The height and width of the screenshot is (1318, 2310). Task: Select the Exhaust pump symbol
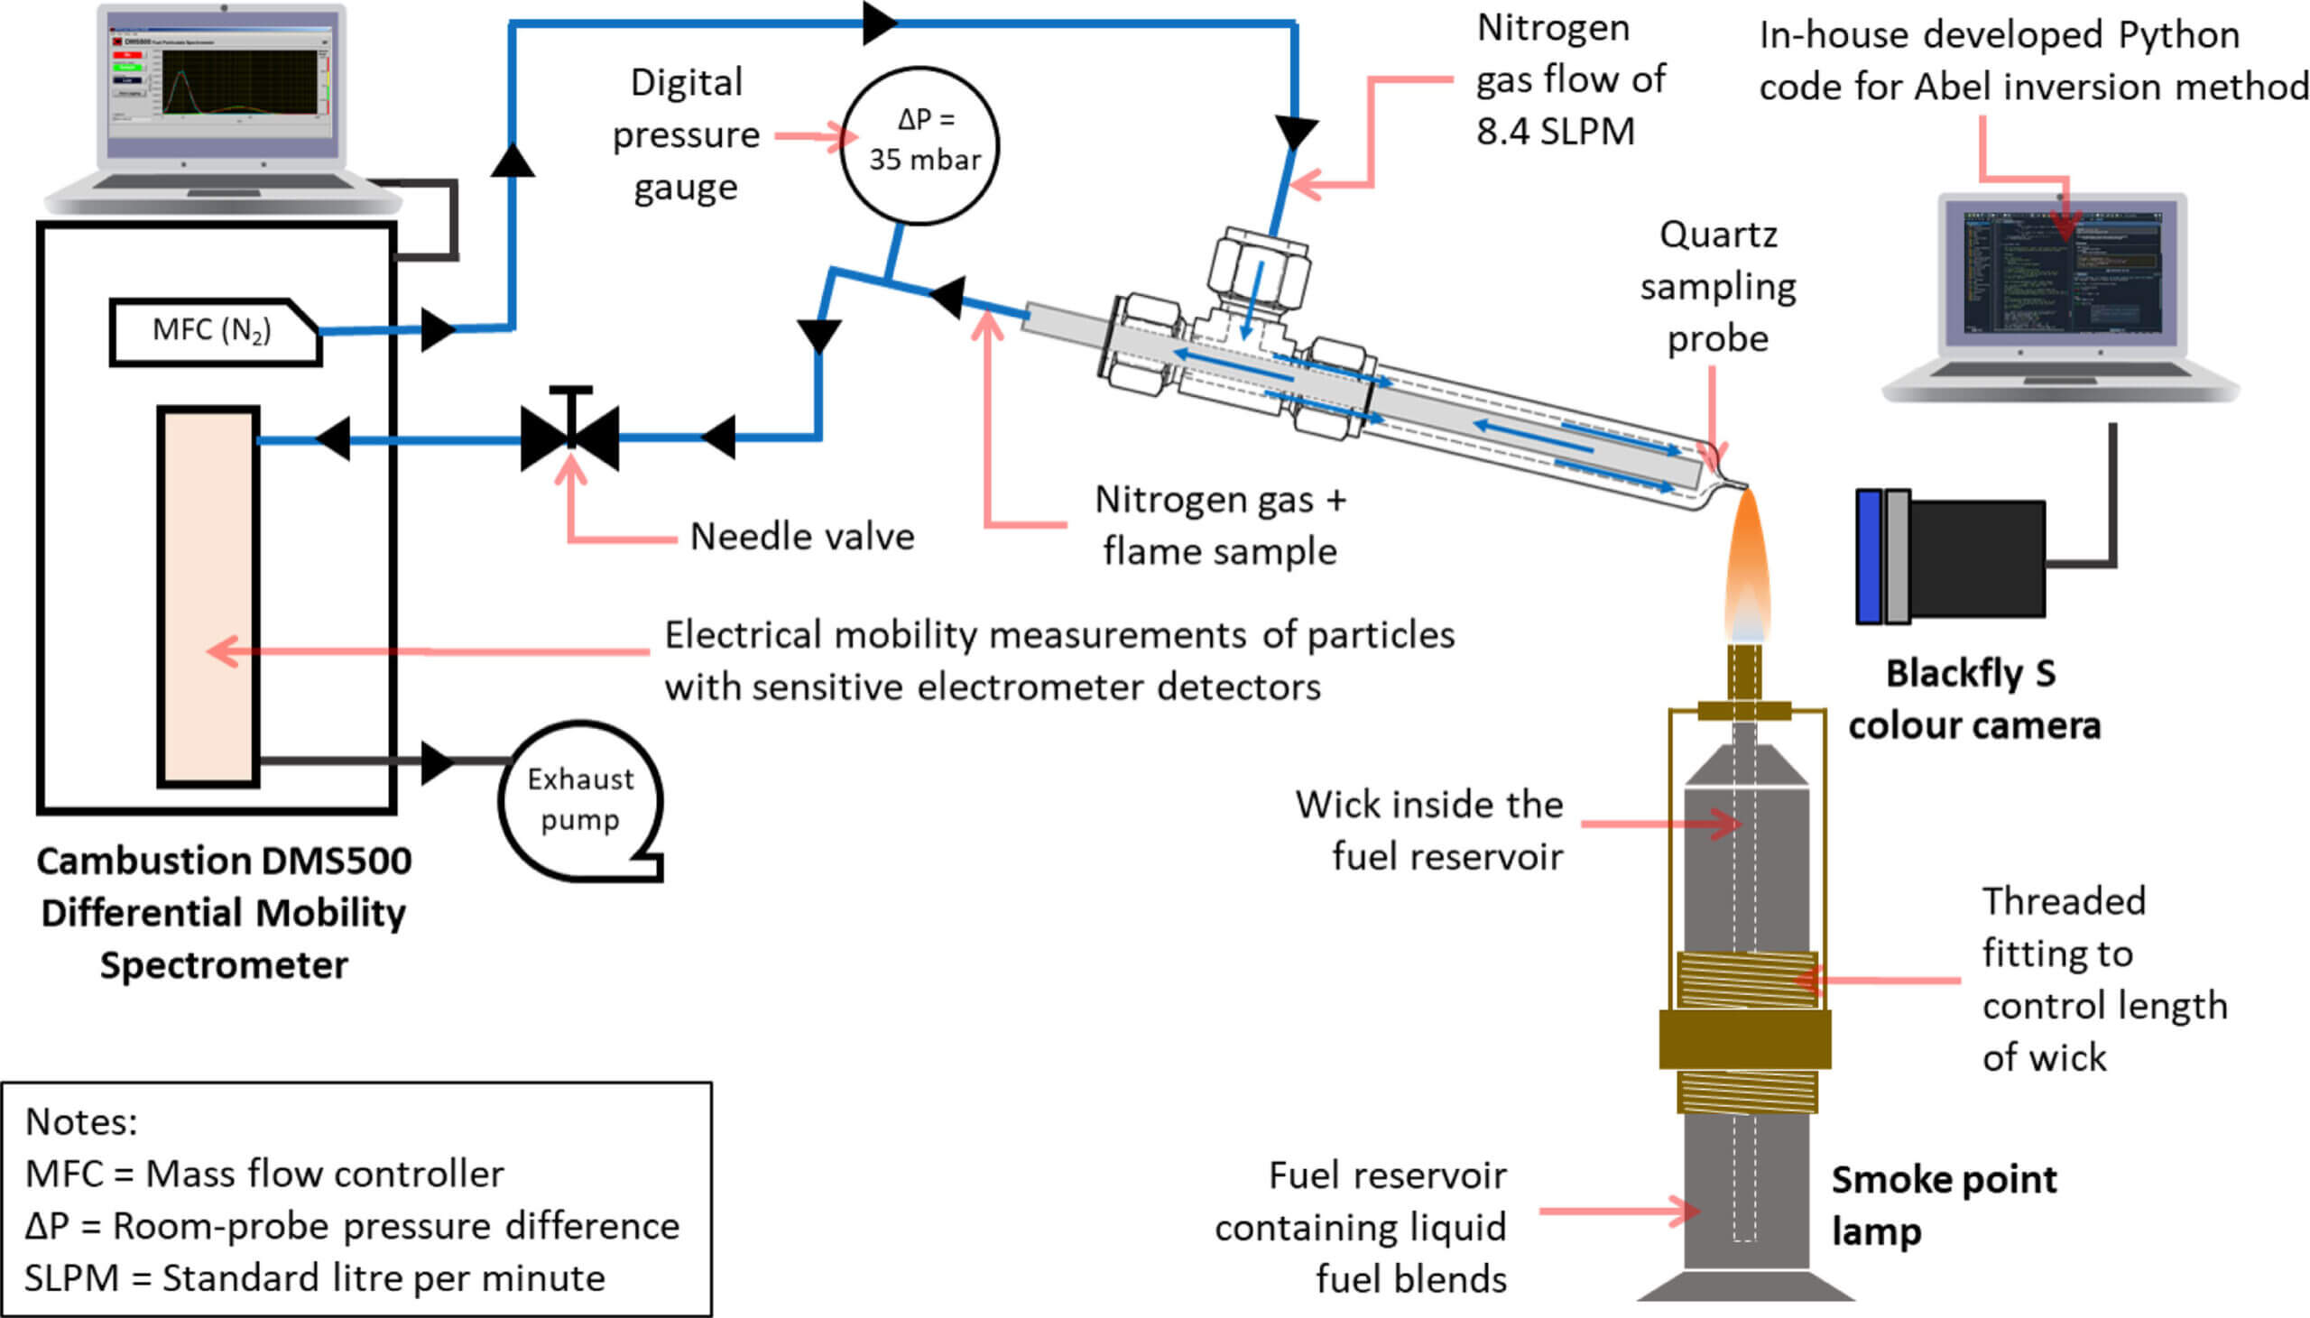(x=580, y=800)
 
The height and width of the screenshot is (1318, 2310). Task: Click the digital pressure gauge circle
(x=919, y=145)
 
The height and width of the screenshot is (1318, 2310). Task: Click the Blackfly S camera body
(x=1977, y=558)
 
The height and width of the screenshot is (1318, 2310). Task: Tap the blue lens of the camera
(x=1868, y=557)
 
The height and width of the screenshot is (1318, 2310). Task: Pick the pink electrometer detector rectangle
(x=208, y=596)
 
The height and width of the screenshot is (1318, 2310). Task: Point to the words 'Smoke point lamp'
(x=1943, y=1205)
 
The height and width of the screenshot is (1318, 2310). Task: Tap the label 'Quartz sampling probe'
(x=1717, y=286)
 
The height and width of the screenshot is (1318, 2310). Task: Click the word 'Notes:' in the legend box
(x=81, y=1121)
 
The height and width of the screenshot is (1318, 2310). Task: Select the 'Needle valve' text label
(x=802, y=537)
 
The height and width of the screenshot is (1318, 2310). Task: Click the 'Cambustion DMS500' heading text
(x=224, y=861)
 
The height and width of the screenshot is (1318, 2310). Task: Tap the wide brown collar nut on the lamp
(x=1744, y=1039)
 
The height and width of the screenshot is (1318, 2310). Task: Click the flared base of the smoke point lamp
(x=1744, y=1285)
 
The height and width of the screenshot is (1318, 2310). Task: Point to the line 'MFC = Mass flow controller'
(x=264, y=1174)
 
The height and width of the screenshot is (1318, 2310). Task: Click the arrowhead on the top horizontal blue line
(x=878, y=23)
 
